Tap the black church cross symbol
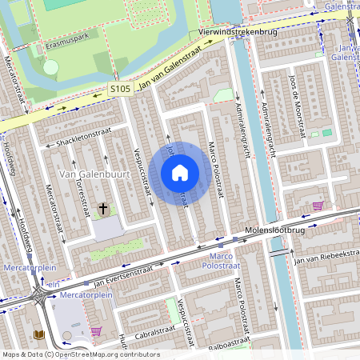[102, 210]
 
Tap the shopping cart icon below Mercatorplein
[97, 331]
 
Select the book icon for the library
[38, 334]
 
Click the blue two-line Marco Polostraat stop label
[216, 259]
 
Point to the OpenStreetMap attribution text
[80, 354]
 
